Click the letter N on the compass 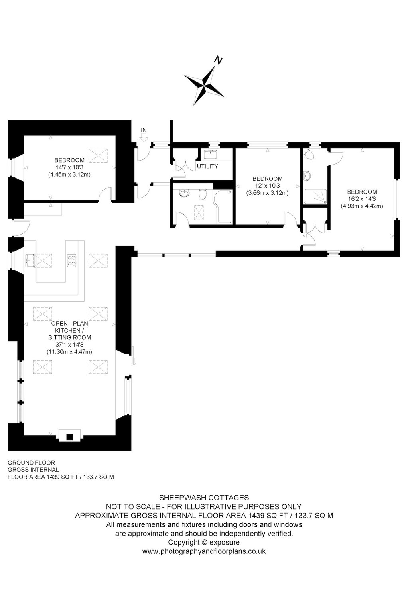pyautogui.click(x=218, y=60)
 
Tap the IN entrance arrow pyautogui.click(x=144, y=138)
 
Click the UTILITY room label pyautogui.click(x=207, y=166)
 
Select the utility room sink pyautogui.click(x=211, y=154)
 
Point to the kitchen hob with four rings pyautogui.click(x=72, y=260)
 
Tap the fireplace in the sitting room pyautogui.click(x=70, y=435)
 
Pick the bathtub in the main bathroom pyautogui.click(x=223, y=207)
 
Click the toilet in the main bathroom pyautogui.click(x=203, y=194)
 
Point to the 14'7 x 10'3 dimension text pyautogui.click(x=69, y=167)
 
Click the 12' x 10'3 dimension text pyautogui.click(x=268, y=186)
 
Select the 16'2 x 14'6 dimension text pyautogui.click(x=362, y=199)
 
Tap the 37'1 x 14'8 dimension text pyautogui.click(x=69, y=345)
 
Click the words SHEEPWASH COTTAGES pyautogui.click(x=204, y=498)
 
